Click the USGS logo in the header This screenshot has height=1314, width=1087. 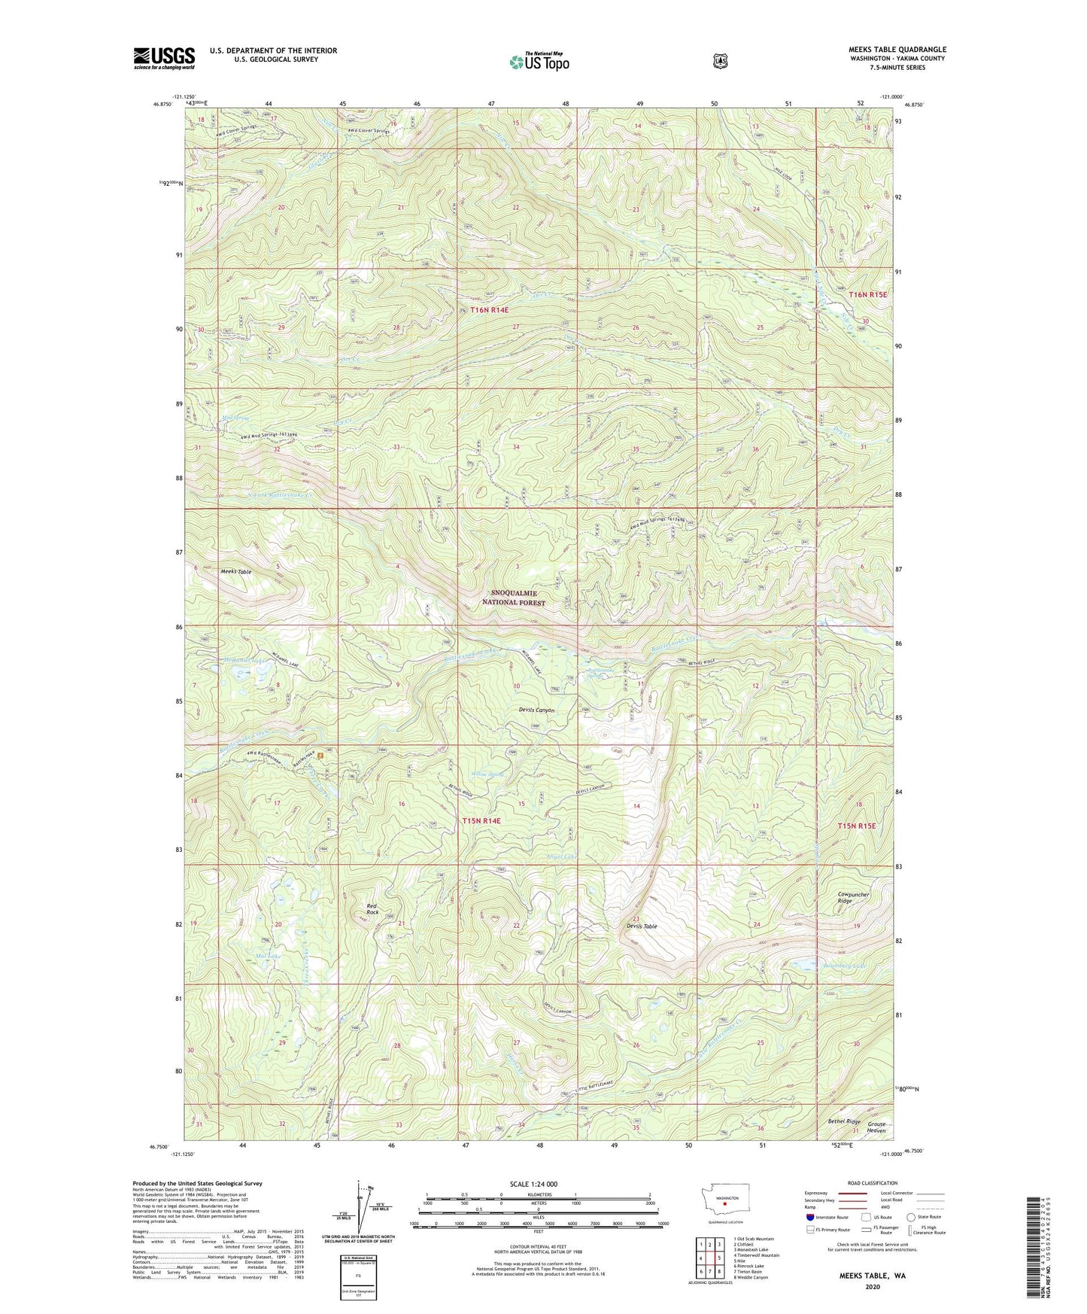click(164, 58)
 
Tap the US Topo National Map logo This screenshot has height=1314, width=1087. click(539, 61)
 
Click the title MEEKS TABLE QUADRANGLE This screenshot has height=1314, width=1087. click(886, 50)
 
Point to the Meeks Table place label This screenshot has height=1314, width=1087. click(236, 572)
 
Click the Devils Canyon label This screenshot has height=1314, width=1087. click(536, 710)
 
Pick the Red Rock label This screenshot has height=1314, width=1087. click(372, 908)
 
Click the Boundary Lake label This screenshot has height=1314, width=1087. click(866, 966)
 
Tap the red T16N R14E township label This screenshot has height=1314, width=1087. click(490, 310)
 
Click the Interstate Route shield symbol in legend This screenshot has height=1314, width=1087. click(809, 1216)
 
